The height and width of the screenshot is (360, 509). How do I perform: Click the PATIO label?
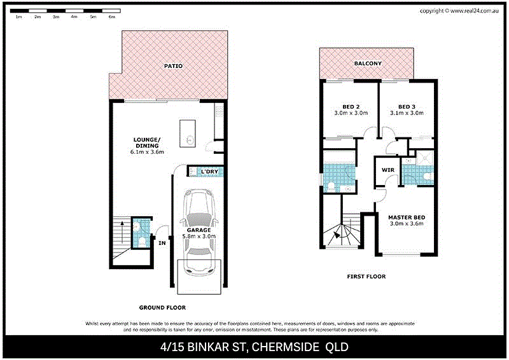pyautogui.click(x=169, y=66)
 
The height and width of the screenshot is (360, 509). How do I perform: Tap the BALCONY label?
pyautogui.click(x=368, y=64)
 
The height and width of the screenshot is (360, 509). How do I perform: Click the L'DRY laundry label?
pyautogui.click(x=209, y=172)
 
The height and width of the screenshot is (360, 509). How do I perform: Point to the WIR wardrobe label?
pyautogui.click(x=387, y=170)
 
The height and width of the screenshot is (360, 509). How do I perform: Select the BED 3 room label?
pyautogui.click(x=407, y=106)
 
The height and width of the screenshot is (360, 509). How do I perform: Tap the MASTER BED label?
pyautogui.click(x=406, y=218)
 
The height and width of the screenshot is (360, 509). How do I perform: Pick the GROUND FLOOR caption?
pyautogui.click(x=164, y=307)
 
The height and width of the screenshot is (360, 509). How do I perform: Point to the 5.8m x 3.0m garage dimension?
pyautogui.click(x=200, y=236)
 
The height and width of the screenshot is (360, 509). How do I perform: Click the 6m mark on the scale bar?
pyautogui.click(x=112, y=17)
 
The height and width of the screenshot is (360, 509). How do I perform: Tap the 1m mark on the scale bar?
pyautogui.click(x=19, y=17)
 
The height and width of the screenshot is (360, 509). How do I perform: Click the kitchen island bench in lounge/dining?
pyautogui.click(x=189, y=134)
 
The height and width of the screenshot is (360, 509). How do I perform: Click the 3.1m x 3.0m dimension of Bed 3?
pyautogui.click(x=407, y=113)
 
